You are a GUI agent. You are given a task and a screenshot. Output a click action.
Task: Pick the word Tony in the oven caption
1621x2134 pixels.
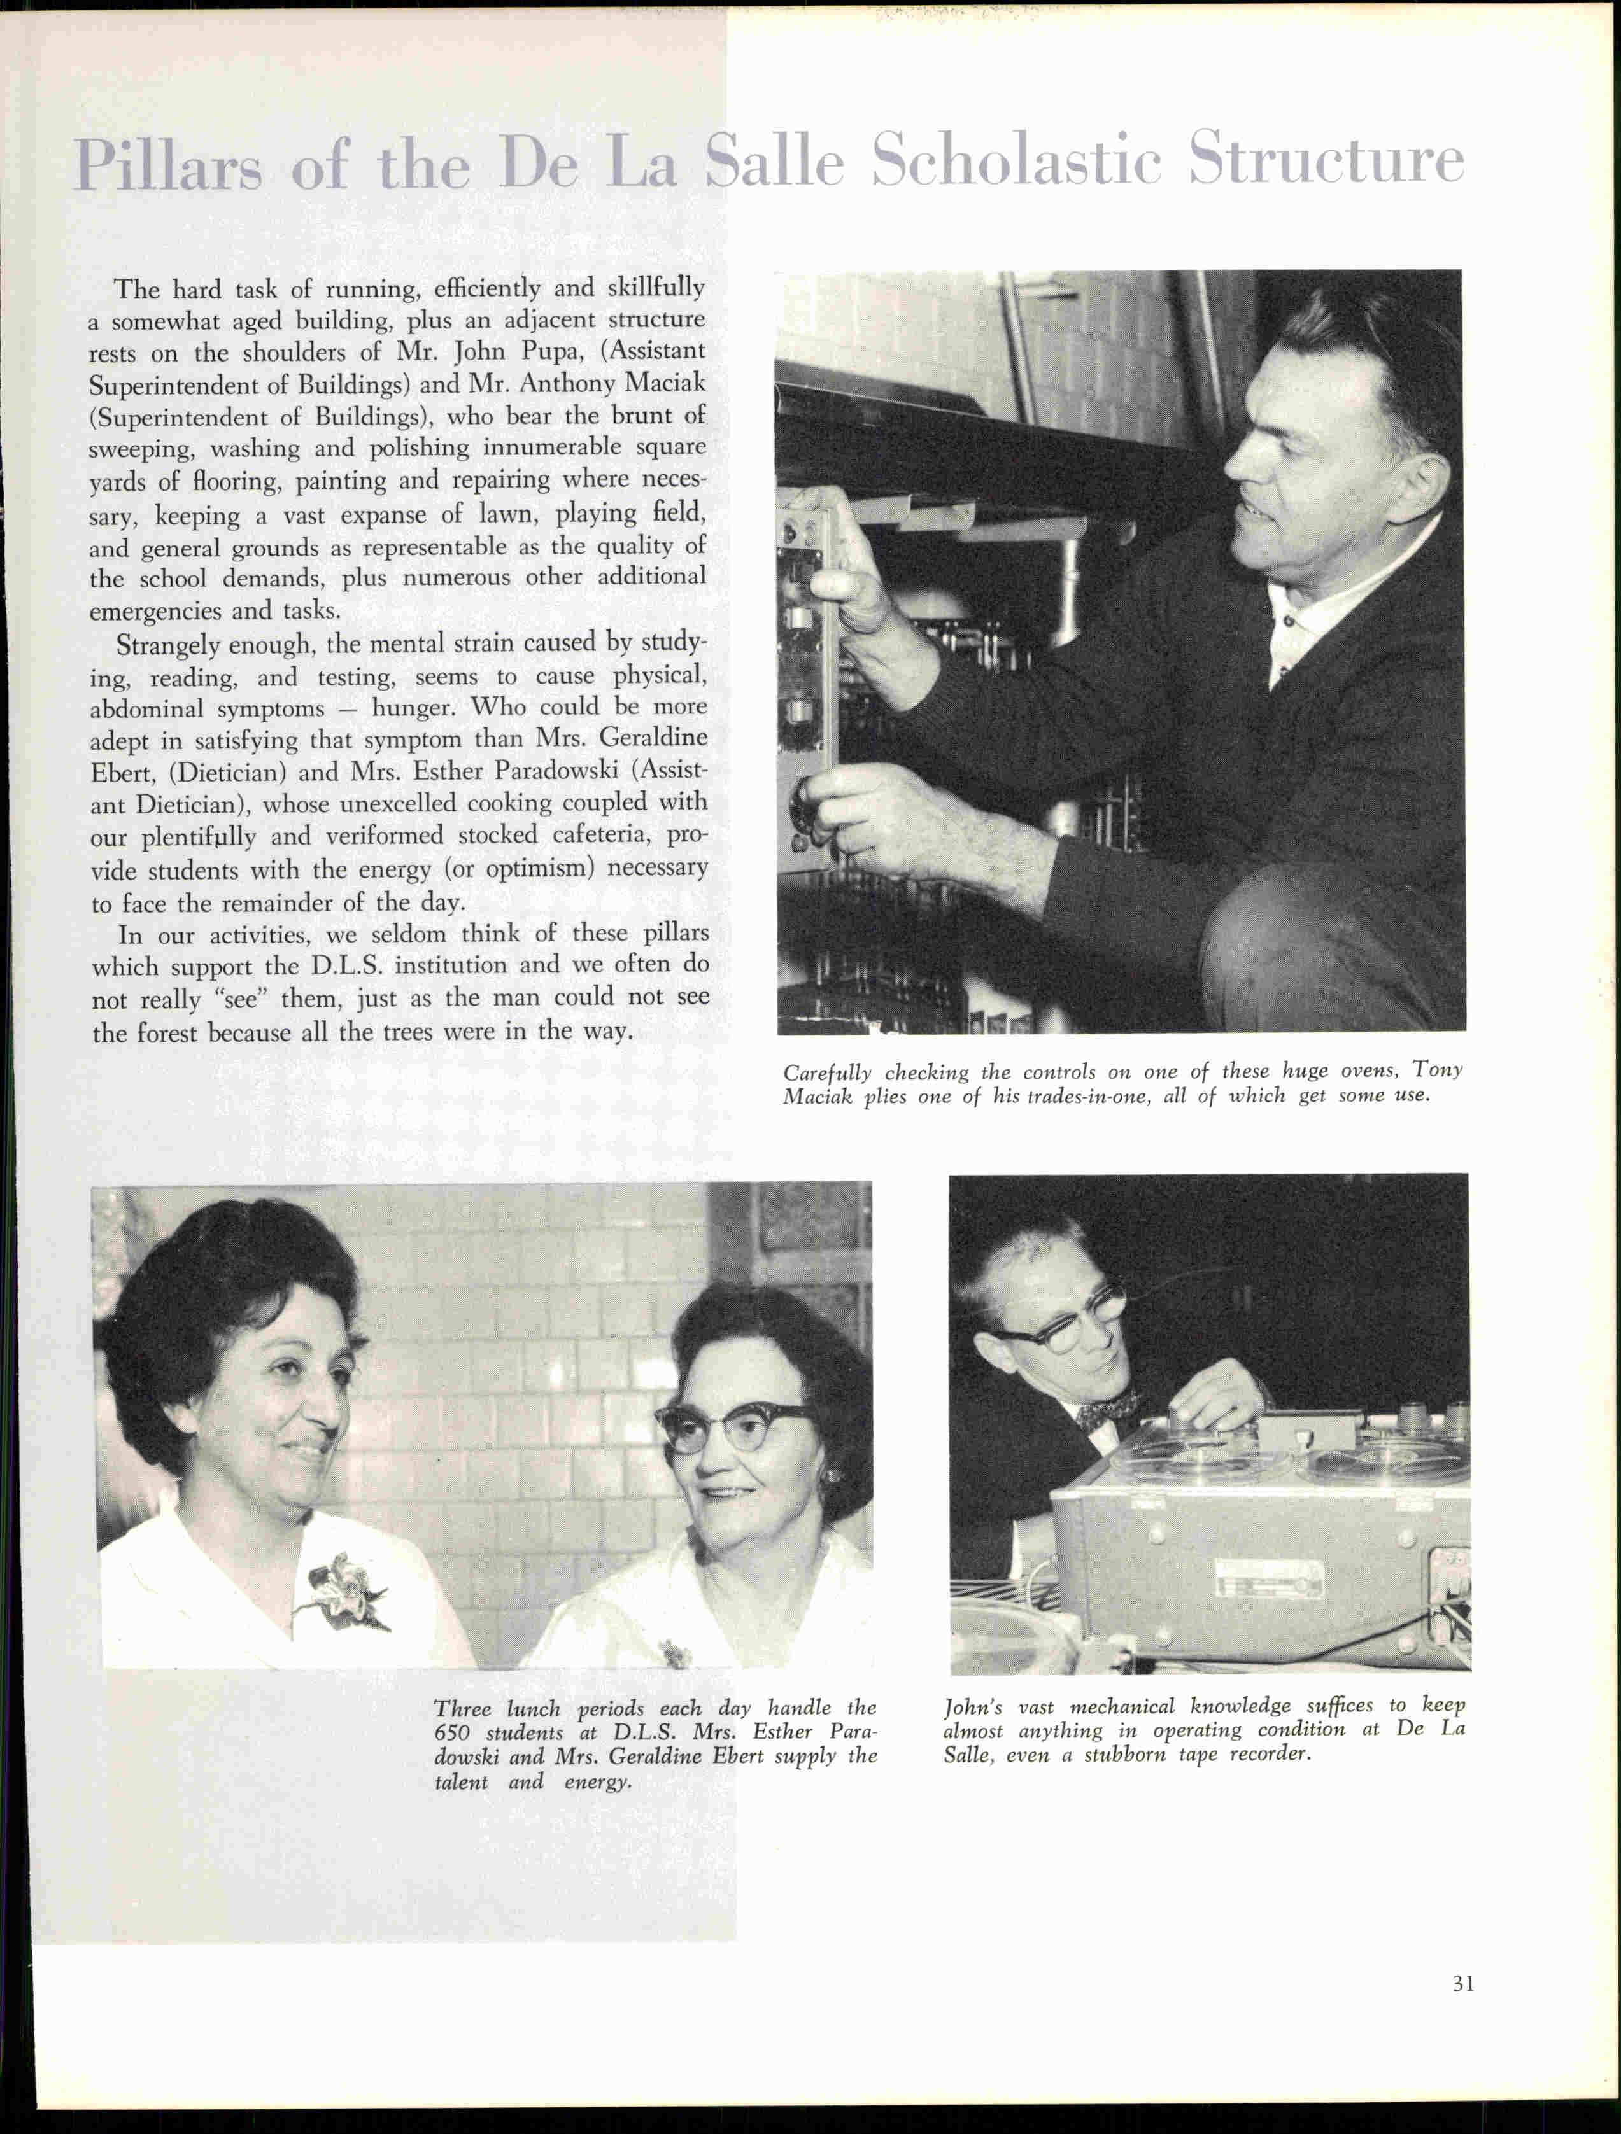[x=1437, y=1070]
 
